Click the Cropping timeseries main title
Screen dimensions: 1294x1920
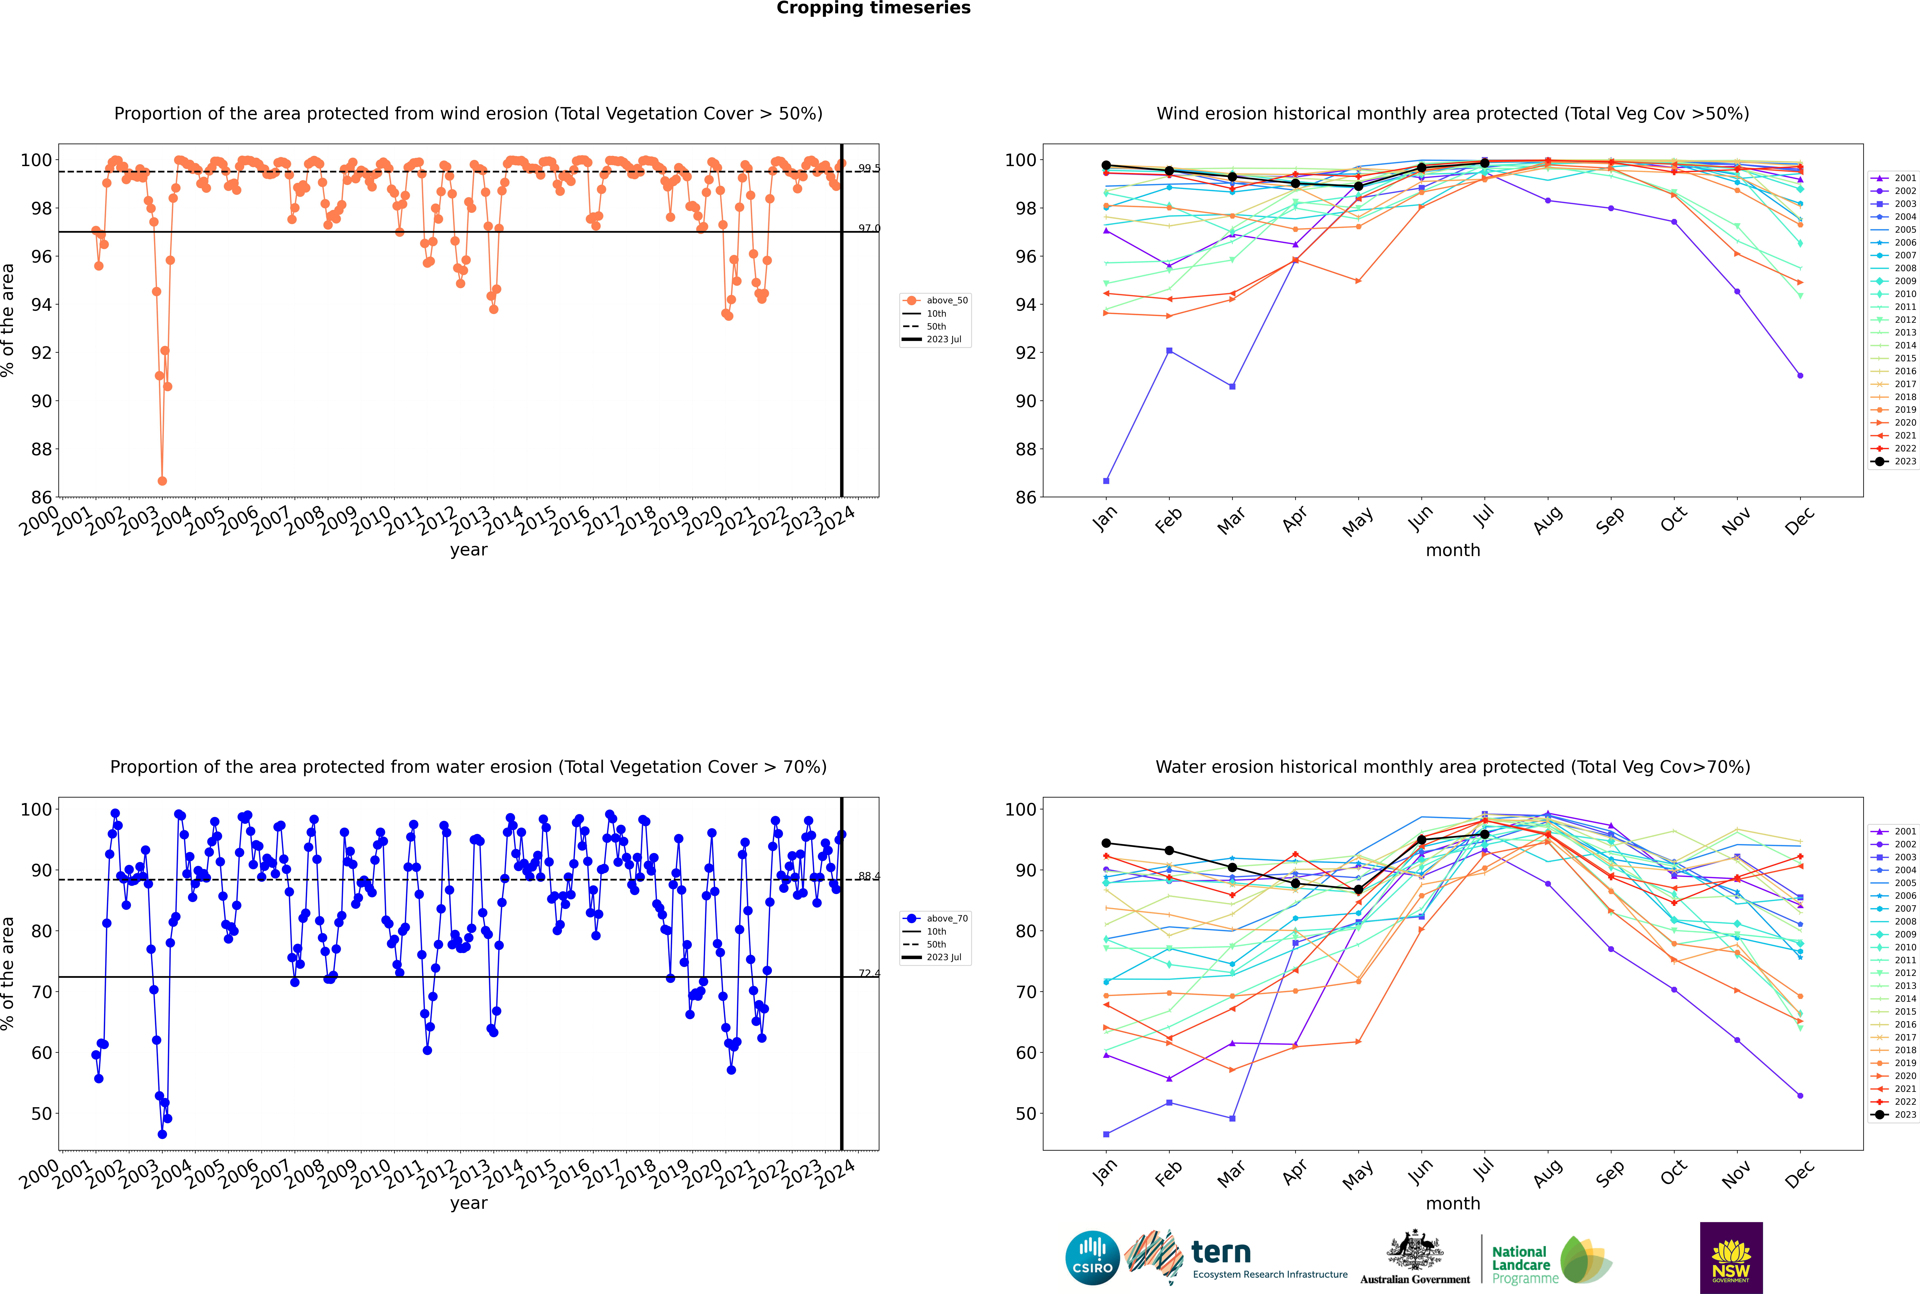pyautogui.click(x=873, y=8)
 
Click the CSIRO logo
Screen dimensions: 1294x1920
pyautogui.click(x=1092, y=1258)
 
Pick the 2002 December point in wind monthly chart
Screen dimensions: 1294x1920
pyautogui.click(x=1800, y=375)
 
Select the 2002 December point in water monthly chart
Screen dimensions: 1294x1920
pyautogui.click(x=1800, y=1096)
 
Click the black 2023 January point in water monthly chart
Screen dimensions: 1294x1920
pyautogui.click(x=1106, y=843)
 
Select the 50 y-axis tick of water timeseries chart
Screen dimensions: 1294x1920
pyautogui.click(x=41, y=1113)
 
